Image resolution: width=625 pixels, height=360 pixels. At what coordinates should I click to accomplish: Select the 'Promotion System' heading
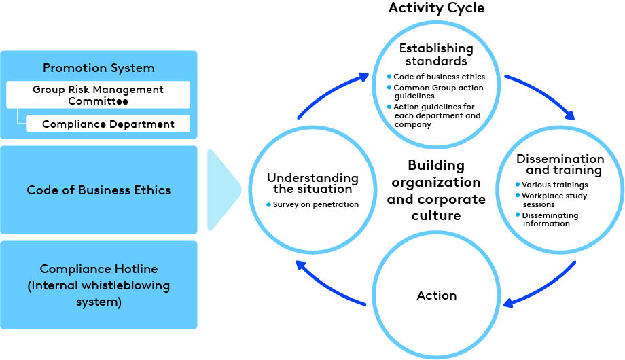[x=99, y=68]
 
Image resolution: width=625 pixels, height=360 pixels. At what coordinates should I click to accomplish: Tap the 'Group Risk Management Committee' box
[x=98, y=95]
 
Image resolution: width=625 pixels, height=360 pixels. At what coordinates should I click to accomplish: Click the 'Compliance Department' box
[x=108, y=124]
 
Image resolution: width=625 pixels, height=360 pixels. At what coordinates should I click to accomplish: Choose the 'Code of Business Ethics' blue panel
[x=99, y=190]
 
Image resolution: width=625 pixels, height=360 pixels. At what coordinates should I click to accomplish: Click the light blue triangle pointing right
[x=223, y=190]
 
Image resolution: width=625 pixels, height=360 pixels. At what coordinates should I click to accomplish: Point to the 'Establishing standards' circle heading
[x=435, y=54]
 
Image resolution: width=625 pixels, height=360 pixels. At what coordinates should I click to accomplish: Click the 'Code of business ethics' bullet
[x=439, y=77]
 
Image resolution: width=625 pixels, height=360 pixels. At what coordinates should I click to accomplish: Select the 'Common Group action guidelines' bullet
[x=439, y=92]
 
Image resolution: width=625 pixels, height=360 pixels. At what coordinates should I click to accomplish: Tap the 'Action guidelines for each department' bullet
[x=437, y=115]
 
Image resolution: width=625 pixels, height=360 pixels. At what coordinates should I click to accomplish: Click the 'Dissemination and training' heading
[x=559, y=164]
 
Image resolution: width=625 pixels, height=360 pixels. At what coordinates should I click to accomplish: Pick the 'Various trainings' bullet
[x=554, y=185]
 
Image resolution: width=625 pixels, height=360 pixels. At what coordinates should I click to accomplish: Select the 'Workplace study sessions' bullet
[x=554, y=200]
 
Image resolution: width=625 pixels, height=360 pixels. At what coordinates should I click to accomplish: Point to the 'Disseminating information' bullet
[x=550, y=219]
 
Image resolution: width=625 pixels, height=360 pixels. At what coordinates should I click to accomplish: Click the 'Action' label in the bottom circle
[x=436, y=295]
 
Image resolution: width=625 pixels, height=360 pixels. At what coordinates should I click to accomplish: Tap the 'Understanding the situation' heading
[x=312, y=183]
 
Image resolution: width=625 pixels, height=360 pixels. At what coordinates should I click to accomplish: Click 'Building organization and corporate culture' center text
[x=436, y=191]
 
